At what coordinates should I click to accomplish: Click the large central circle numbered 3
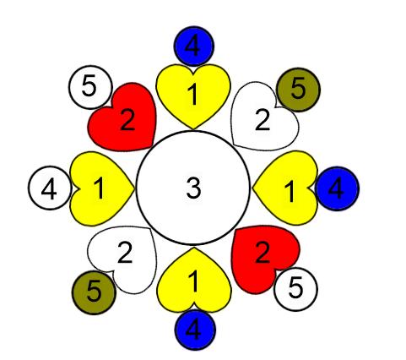coord(193,188)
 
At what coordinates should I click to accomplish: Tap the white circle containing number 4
coord(50,188)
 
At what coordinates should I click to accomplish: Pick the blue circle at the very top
coord(194,46)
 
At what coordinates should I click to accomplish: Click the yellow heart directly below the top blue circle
coord(193,95)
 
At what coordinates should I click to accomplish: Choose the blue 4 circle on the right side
coord(337,188)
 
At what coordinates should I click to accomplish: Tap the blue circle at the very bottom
coord(195,330)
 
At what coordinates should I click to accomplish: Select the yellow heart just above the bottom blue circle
coord(194,281)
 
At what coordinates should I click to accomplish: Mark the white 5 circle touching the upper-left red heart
coord(90,87)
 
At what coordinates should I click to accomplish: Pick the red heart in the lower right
coord(264,258)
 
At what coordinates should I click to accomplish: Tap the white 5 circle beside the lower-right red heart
coord(295,289)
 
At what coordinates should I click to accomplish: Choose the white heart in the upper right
coord(263,118)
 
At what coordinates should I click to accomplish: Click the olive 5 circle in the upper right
coord(298,90)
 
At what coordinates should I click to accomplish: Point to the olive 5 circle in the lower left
coord(94,292)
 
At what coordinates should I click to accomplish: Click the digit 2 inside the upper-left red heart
coord(127,120)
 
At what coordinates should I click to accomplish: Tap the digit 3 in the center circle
coord(193,188)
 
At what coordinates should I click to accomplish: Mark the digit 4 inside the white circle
coord(49,189)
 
